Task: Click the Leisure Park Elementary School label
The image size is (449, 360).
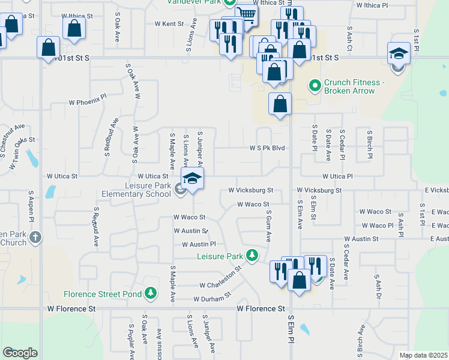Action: (136, 190)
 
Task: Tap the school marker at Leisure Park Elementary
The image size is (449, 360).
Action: (191, 179)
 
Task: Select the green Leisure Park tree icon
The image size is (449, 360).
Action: (253, 256)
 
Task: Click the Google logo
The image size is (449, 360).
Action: (20, 352)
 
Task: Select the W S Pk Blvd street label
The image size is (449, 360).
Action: (267, 148)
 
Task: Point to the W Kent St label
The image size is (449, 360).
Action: (169, 24)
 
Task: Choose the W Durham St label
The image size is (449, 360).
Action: (212, 298)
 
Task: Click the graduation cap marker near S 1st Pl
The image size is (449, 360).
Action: (399, 55)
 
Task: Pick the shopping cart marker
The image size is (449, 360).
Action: (246, 14)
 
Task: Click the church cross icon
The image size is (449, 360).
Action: (35, 237)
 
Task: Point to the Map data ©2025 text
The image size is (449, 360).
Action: (423, 355)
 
